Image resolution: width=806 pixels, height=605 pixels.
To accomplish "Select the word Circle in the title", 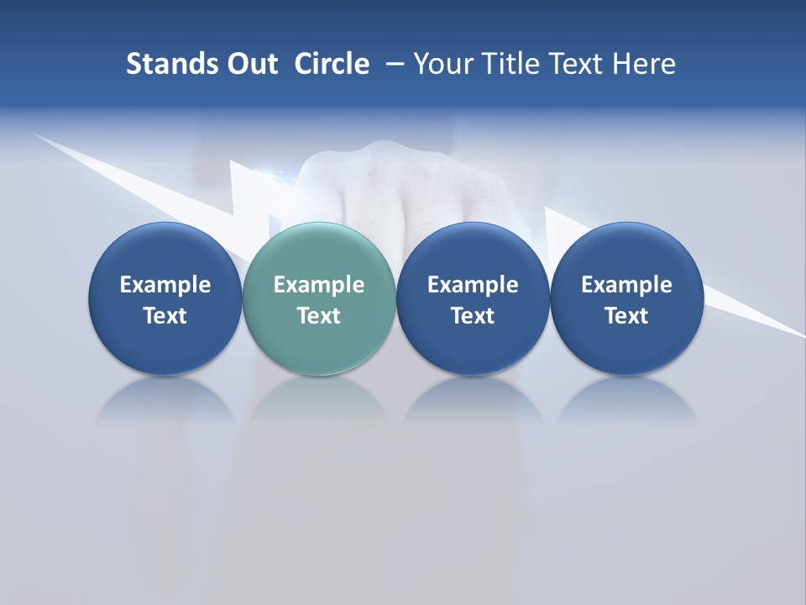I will [x=332, y=64].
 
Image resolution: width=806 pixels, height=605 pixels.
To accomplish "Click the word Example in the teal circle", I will [x=319, y=285].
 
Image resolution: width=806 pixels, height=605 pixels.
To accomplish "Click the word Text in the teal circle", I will [x=319, y=316].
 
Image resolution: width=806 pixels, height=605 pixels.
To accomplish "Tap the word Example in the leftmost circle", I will [x=165, y=285].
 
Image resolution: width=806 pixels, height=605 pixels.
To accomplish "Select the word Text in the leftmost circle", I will [x=165, y=316].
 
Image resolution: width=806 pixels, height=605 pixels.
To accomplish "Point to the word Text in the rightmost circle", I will [x=626, y=316].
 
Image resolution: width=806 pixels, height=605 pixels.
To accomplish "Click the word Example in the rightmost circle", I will [x=626, y=285].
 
